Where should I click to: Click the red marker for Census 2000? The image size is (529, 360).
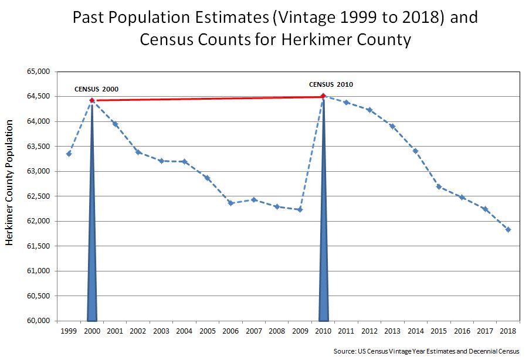click(92, 100)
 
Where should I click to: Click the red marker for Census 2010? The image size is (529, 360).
click(323, 96)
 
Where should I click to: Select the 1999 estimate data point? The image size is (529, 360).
click(69, 154)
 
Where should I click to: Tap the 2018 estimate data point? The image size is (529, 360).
click(508, 230)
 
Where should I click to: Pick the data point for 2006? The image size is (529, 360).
click(231, 203)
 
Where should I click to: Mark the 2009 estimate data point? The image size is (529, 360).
click(300, 209)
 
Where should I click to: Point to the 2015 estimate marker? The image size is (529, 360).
click(439, 186)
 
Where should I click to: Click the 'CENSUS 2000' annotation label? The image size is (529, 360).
click(96, 89)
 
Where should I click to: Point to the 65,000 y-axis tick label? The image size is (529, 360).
click(39, 72)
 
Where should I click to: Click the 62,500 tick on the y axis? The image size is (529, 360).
click(39, 196)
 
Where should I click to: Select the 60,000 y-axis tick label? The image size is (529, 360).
click(39, 321)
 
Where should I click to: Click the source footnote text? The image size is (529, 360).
click(426, 352)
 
